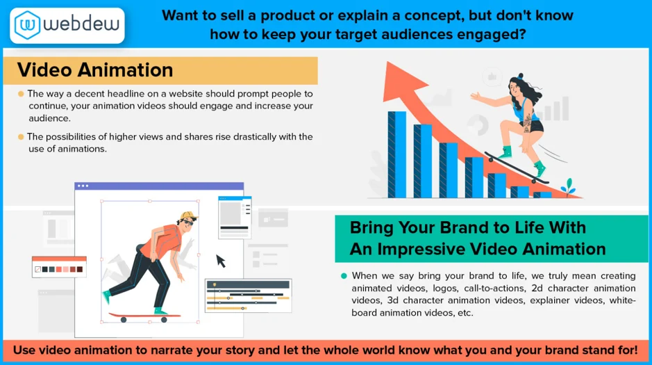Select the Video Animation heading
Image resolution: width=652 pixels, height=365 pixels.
click(95, 70)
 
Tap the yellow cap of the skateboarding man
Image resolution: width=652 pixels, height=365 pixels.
click(185, 218)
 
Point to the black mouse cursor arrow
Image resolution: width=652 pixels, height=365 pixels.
click(221, 261)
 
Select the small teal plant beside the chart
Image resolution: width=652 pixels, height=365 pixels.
click(569, 187)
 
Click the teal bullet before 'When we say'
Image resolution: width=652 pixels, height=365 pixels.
click(344, 275)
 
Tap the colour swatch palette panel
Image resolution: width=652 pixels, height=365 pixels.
click(60, 266)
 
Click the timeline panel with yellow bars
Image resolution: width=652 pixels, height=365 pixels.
click(248, 295)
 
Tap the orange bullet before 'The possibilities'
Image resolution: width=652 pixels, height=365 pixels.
click(21, 136)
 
